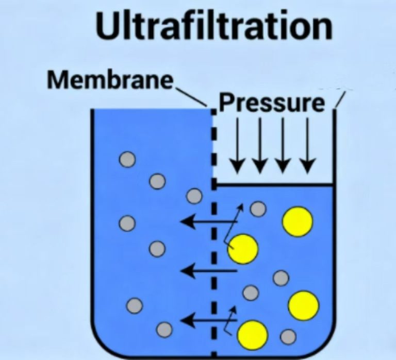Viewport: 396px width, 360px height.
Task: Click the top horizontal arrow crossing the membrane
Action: (206, 222)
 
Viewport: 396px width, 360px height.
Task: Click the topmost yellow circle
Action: (298, 220)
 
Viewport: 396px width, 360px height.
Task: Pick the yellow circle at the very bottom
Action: (253, 335)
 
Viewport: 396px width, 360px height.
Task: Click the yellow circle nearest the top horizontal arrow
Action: (243, 249)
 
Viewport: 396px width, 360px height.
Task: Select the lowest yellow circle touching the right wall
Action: (303, 305)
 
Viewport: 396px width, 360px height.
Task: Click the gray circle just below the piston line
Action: (258, 209)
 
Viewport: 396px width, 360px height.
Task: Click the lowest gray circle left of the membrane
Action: (164, 329)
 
